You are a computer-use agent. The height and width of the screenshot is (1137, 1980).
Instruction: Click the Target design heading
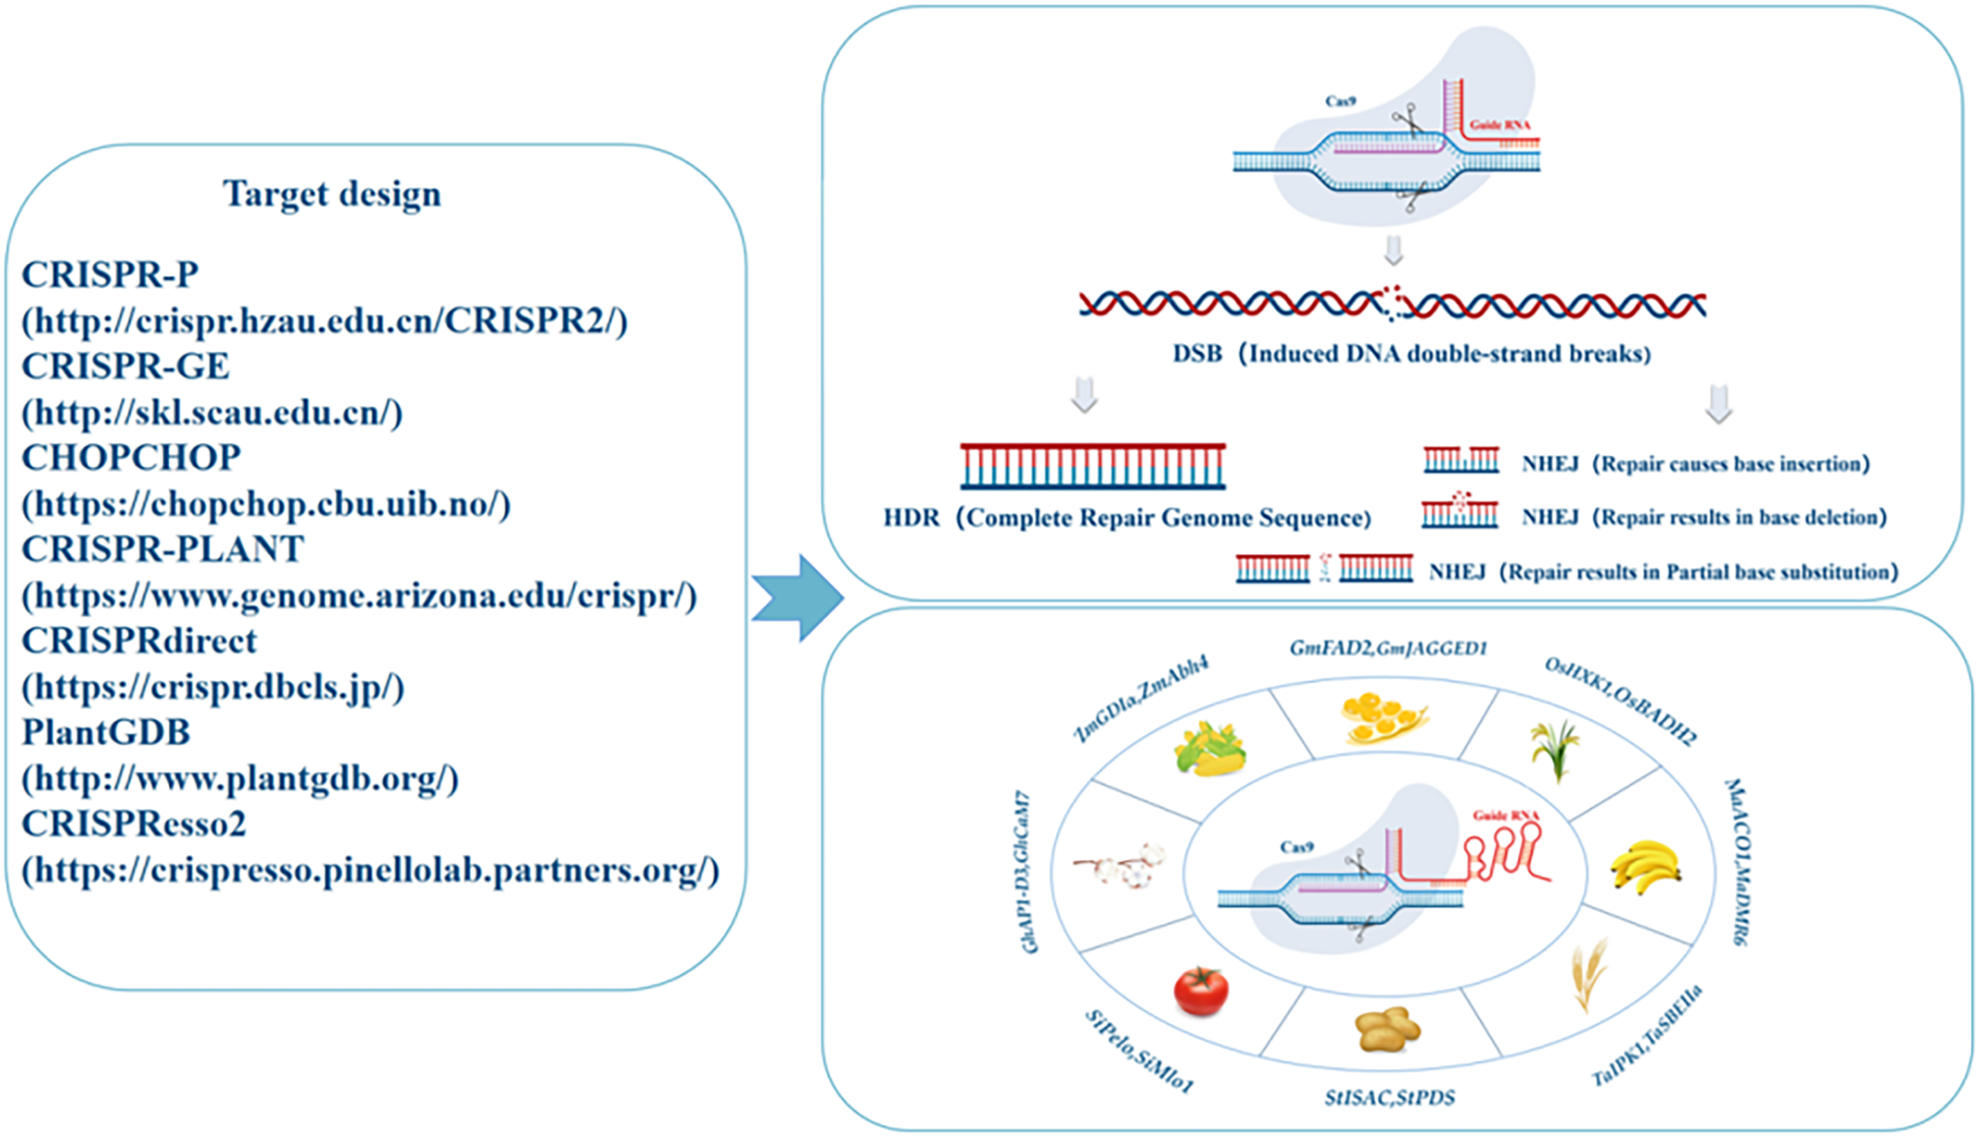[x=333, y=195]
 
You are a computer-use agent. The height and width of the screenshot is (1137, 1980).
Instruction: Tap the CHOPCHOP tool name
[x=131, y=457]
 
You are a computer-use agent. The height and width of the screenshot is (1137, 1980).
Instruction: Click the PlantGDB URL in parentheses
[x=240, y=779]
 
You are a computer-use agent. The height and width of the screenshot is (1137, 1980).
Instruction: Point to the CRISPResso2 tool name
[x=134, y=824]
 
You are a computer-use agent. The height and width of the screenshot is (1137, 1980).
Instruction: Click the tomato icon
[x=1201, y=990]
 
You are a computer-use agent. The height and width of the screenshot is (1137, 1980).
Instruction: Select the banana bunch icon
[x=1646, y=867]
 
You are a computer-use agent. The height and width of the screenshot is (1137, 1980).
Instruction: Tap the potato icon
[x=1388, y=1029]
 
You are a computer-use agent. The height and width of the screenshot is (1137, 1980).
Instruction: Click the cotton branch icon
[x=1120, y=865]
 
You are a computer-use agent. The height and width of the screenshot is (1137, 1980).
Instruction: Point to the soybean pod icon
[x=1384, y=717]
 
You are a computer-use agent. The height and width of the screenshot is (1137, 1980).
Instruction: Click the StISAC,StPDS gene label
[x=1390, y=1098]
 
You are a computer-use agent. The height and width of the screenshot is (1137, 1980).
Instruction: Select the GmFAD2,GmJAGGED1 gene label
[x=1388, y=648]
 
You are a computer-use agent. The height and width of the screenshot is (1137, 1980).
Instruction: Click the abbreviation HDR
[x=911, y=518]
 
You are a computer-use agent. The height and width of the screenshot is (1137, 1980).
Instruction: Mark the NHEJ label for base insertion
[x=1550, y=464]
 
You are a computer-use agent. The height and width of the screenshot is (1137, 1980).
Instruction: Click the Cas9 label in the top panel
[x=1341, y=100]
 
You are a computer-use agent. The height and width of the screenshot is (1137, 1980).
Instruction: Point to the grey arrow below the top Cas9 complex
[x=1394, y=251]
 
